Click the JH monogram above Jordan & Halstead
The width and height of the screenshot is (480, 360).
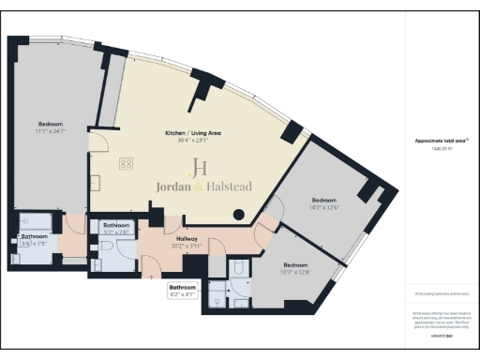tap(199, 169)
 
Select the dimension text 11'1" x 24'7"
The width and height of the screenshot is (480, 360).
tap(52, 131)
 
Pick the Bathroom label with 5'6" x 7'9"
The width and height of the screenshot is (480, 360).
tap(35, 237)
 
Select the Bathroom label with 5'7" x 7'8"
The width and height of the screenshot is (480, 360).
tap(116, 225)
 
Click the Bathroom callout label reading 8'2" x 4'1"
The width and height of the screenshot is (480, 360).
tap(182, 286)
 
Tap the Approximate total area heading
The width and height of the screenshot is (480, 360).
tap(442, 141)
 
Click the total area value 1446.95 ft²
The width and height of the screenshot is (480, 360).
tap(441, 148)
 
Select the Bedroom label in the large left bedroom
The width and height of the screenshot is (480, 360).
tap(52, 124)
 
